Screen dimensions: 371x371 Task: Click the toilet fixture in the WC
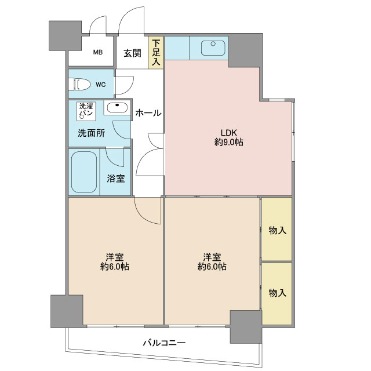79,84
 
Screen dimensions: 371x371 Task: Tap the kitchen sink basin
213,48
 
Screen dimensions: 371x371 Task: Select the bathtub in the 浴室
84,172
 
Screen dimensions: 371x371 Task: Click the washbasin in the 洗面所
117,108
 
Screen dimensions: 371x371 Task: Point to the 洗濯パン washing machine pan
86,111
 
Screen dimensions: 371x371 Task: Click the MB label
98,52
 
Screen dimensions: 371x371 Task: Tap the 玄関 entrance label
132,53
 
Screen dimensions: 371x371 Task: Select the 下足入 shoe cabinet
156,53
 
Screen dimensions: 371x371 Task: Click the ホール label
148,113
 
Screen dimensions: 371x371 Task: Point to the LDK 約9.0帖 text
228,137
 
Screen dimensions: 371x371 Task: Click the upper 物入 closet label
277,230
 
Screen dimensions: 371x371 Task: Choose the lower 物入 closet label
277,293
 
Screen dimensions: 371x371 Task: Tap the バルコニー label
164,343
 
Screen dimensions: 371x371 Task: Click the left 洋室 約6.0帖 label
115,261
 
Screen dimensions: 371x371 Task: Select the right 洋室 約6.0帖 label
212,261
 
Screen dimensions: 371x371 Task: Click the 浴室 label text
116,179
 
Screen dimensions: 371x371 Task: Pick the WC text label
101,85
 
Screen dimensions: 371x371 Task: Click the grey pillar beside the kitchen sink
245,51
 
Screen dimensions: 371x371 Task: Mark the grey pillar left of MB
66,36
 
